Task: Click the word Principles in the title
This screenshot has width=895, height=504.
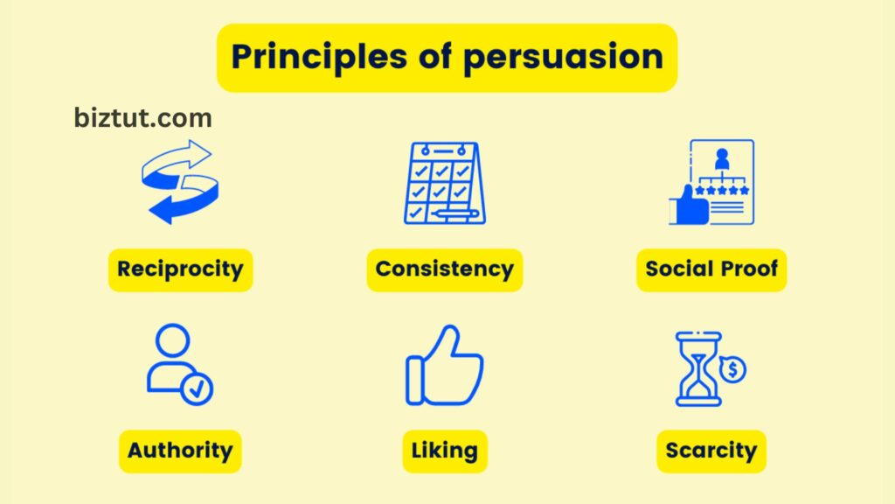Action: [319, 58]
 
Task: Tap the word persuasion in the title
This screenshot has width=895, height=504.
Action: [564, 58]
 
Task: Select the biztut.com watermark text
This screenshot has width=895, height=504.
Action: [142, 118]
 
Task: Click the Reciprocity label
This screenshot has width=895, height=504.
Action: [180, 269]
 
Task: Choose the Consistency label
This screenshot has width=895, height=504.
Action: [445, 269]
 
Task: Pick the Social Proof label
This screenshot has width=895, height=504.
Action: [711, 269]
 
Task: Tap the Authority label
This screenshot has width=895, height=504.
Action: [180, 451]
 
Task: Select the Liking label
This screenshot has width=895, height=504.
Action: [445, 451]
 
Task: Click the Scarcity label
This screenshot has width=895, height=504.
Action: [711, 451]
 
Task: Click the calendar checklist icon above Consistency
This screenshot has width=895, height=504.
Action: [445, 183]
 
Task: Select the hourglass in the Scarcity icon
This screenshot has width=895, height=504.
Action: [698, 369]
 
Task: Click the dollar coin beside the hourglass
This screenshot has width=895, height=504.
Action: [733, 370]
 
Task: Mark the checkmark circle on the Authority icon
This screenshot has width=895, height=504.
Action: [197, 389]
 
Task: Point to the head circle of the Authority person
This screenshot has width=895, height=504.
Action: [172, 340]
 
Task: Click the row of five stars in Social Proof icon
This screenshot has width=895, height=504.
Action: [722, 190]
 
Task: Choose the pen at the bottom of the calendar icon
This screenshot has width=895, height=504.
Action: [454, 215]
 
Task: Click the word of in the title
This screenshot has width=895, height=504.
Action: [435, 56]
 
